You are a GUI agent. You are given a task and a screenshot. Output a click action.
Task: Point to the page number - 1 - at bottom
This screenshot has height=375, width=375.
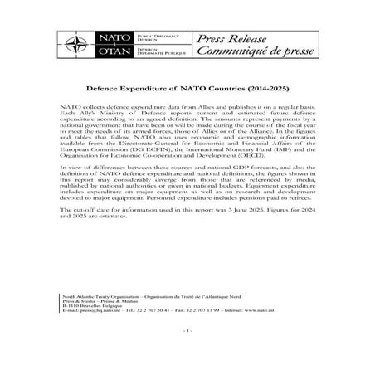(x=187, y=355)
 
